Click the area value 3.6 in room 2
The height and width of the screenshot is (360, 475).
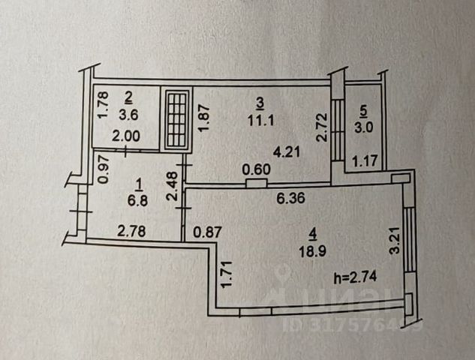[129, 115]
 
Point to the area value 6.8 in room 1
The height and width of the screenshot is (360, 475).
[138, 199]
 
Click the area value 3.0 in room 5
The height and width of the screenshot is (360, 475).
[364, 126]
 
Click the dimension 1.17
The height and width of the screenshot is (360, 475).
[364, 159]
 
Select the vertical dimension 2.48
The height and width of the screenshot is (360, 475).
[172, 187]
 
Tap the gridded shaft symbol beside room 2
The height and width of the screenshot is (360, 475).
[177, 118]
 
